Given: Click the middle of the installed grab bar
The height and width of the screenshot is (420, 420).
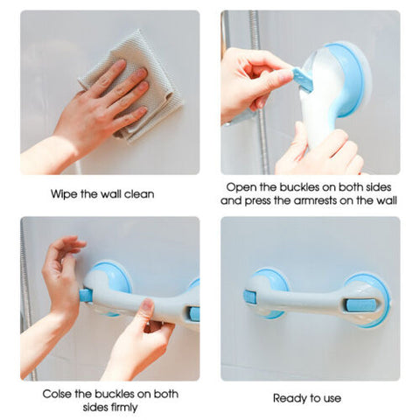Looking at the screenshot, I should pyautogui.click(x=306, y=302).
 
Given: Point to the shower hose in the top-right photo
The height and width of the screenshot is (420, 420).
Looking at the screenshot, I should pyautogui.click(x=257, y=96).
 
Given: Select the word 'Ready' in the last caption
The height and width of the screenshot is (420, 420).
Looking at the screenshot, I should pyautogui.click(x=289, y=398).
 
